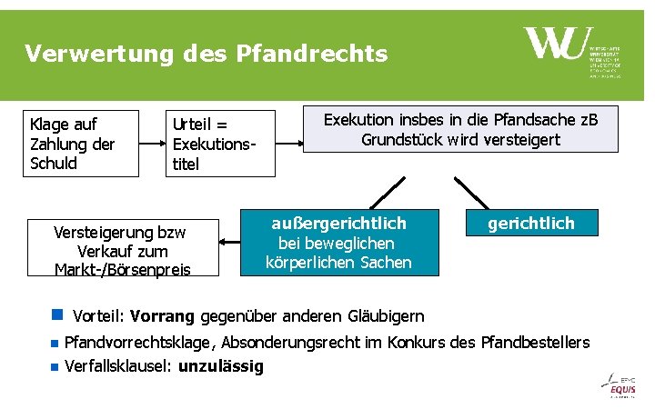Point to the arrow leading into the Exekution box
(x=292, y=144)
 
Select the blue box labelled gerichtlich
(x=530, y=224)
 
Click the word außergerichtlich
(x=338, y=223)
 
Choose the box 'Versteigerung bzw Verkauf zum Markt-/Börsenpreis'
(x=123, y=248)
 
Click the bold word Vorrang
(x=162, y=316)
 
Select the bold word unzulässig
(x=220, y=366)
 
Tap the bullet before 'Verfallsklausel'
(x=55, y=367)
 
